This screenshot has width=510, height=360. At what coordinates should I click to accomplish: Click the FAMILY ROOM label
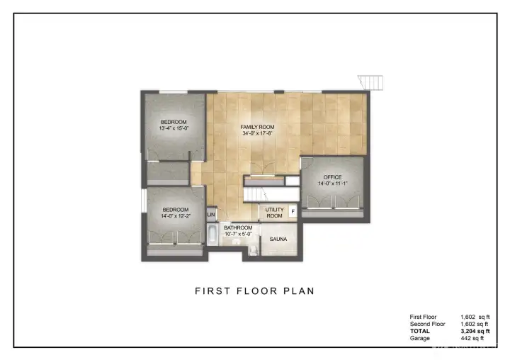[257, 127]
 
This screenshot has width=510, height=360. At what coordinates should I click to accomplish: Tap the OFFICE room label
[332, 177]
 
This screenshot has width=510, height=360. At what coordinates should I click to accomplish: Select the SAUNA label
[278, 240]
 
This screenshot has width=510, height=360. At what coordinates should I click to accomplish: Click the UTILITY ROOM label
[274, 213]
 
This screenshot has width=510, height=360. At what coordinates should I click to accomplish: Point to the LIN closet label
[211, 214]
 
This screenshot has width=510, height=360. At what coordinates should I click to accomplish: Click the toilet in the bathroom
[253, 249]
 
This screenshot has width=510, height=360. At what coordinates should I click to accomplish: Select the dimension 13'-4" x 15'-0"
[173, 129]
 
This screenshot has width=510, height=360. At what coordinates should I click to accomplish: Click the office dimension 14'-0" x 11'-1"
[332, 184]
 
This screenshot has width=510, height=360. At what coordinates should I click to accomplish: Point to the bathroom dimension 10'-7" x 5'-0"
[239, 234]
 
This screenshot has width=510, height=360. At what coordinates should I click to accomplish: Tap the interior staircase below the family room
[255, 193]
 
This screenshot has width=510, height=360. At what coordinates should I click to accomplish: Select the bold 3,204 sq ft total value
[472, 331]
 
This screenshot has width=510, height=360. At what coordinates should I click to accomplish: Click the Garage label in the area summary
[419, 338]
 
